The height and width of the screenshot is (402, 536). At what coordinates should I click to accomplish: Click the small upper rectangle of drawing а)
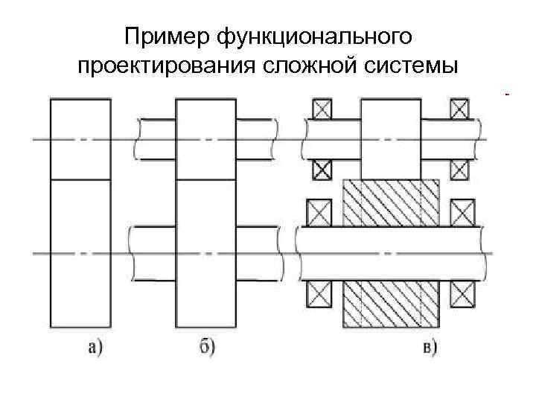click(80, 139)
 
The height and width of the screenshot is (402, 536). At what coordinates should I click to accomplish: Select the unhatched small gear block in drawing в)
click(390, 138)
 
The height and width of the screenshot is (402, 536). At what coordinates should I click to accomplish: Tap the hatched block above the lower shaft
click(390, 202)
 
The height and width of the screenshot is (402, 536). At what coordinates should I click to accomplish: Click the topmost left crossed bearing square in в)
click(321, 109)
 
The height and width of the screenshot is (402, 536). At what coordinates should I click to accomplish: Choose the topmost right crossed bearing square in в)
click(459, 109)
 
